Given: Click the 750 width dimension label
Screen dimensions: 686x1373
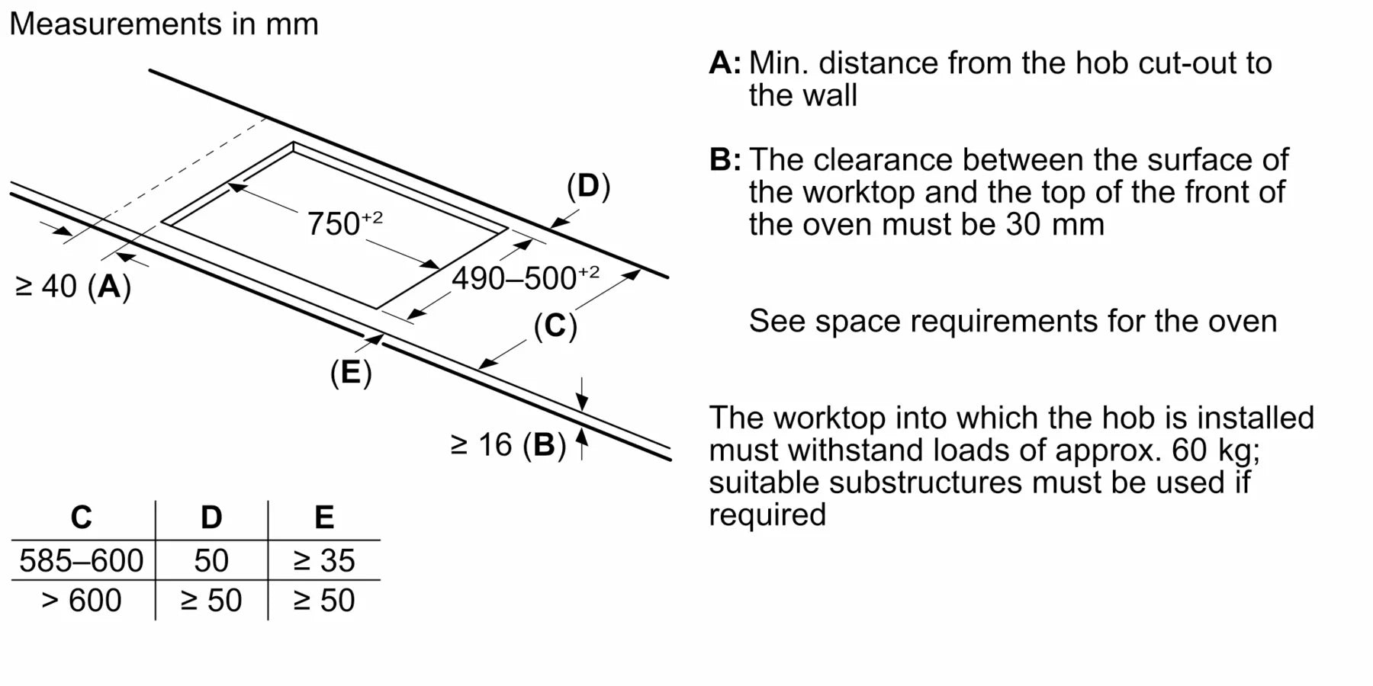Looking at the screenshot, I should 343,223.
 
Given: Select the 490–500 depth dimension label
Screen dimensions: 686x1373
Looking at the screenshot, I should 525,278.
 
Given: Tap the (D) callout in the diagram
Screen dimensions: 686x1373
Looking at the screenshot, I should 588,187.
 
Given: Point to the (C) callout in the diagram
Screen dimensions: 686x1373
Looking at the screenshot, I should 555,326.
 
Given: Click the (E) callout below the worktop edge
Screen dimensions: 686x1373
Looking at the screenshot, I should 351,373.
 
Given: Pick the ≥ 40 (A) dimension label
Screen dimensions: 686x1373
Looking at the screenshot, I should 73,287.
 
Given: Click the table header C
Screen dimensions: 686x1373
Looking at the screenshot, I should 82,518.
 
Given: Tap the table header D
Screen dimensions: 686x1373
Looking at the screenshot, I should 211,518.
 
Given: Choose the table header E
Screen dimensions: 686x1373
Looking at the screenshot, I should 324,518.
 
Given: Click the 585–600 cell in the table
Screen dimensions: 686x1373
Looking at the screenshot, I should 82,561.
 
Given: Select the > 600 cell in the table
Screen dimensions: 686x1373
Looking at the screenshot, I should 82,601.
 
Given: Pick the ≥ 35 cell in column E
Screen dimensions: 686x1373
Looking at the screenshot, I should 324,561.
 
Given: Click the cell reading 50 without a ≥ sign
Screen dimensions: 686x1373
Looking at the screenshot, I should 211,561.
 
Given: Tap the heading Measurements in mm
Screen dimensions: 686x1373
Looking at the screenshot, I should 164,24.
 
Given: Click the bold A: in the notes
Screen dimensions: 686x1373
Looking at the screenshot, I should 724,63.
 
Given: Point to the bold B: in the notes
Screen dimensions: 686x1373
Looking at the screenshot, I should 725,160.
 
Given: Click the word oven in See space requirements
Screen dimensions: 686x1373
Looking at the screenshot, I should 1242,321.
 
